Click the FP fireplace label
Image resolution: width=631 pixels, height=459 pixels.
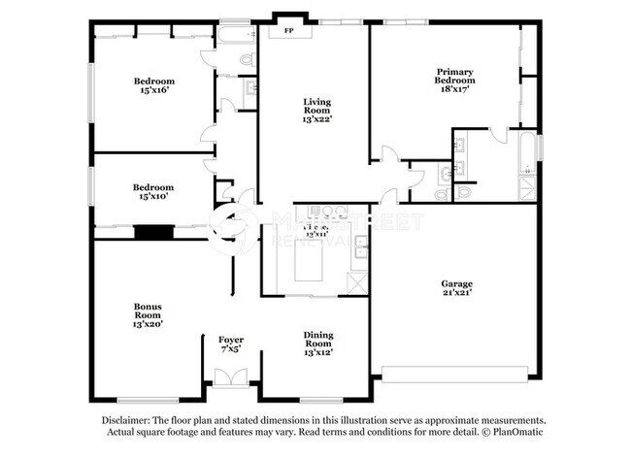(x=288, y=31)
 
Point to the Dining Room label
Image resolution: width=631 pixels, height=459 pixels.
(x=317, y=343)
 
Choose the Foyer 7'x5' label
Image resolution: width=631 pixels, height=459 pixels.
(x=230, y=344)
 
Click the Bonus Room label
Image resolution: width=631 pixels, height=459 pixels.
(x=148, y=315)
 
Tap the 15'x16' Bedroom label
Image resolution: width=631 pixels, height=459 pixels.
(x=154, y=85)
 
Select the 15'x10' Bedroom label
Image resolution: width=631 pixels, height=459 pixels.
(x=153, y=192)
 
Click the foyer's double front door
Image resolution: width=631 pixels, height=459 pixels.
(x=230, y=378)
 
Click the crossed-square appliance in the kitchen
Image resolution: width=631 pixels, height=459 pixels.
(x=357, y=282)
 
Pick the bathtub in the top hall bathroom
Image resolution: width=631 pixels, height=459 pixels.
(x=235, y=37)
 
